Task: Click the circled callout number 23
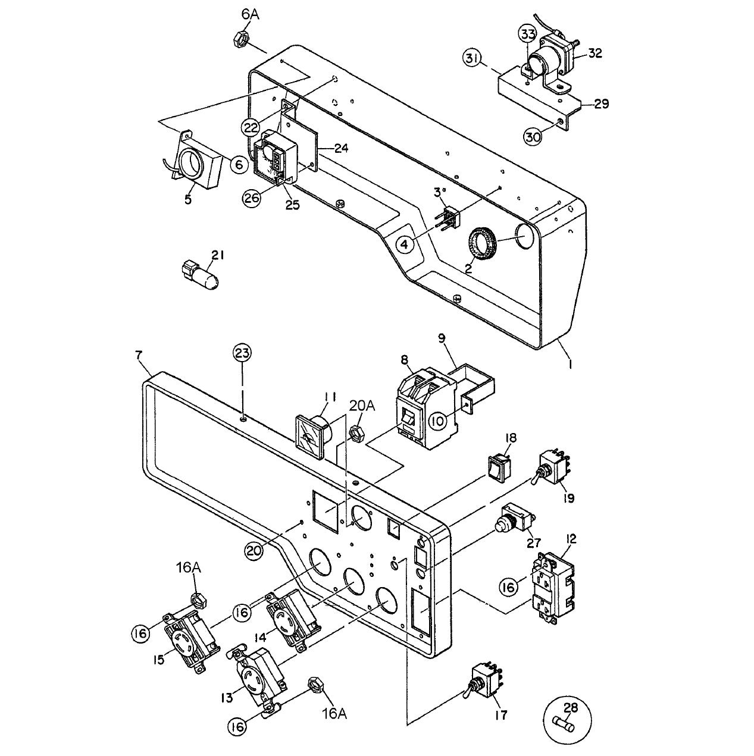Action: (x=242, y=353)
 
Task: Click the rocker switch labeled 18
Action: (x=498, y=467)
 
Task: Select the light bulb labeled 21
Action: (x=201, y=277)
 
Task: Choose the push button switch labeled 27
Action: (x=512, y=519)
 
